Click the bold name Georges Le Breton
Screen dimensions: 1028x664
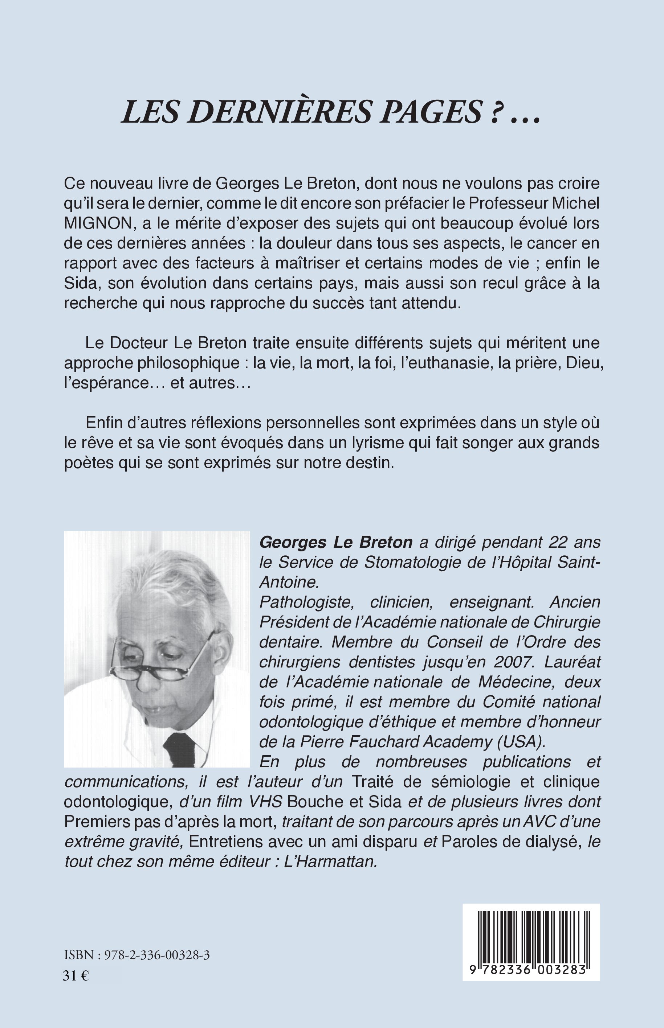pos(336,542)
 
